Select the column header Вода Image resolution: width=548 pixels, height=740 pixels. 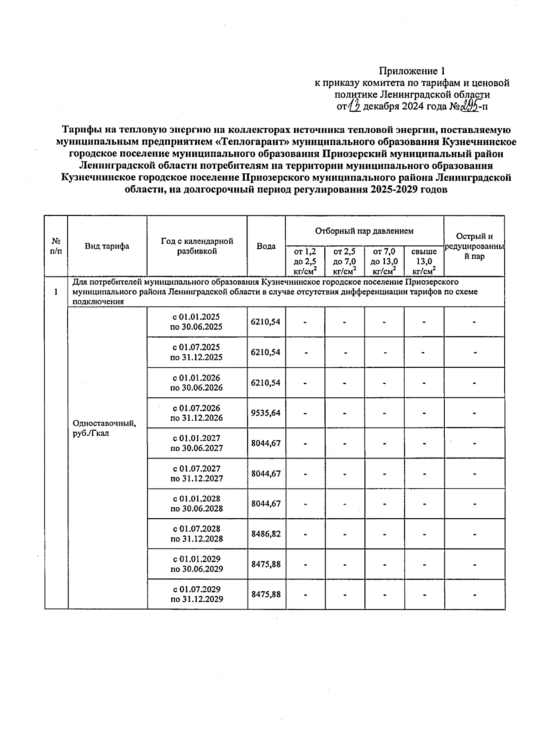pyautogui.click(x=266, y=246)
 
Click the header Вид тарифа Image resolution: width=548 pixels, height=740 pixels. pyautogui.click(x=107, y=246)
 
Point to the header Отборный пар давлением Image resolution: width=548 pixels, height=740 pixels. pyautogui.click(x=364, y=231)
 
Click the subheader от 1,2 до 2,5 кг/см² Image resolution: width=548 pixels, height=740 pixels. pyautogui.click(x=305, y=261)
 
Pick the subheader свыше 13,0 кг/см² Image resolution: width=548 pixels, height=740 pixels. pyautogui.click(x=423, y=261)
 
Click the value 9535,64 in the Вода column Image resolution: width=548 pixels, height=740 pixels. pyautogui.click(x=266, y=413)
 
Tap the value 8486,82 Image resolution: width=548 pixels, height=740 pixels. pyautogui.click(x=266, y=534)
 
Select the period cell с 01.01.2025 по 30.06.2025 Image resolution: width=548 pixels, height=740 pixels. pyautogui.click(x=196, y=322)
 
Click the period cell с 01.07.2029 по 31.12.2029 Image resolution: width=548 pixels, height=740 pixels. pyautogui.click(x=196, y=594)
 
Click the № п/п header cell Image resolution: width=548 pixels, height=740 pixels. pyautogui.click(x=56, y=246)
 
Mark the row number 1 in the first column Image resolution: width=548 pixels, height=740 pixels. pyautogui.click(x=56, y=292)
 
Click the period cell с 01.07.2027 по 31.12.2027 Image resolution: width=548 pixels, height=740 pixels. pyautogui.click(x=196, y=474)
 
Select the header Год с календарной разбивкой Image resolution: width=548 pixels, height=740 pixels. pyautogui.click(x=196, y=246)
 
